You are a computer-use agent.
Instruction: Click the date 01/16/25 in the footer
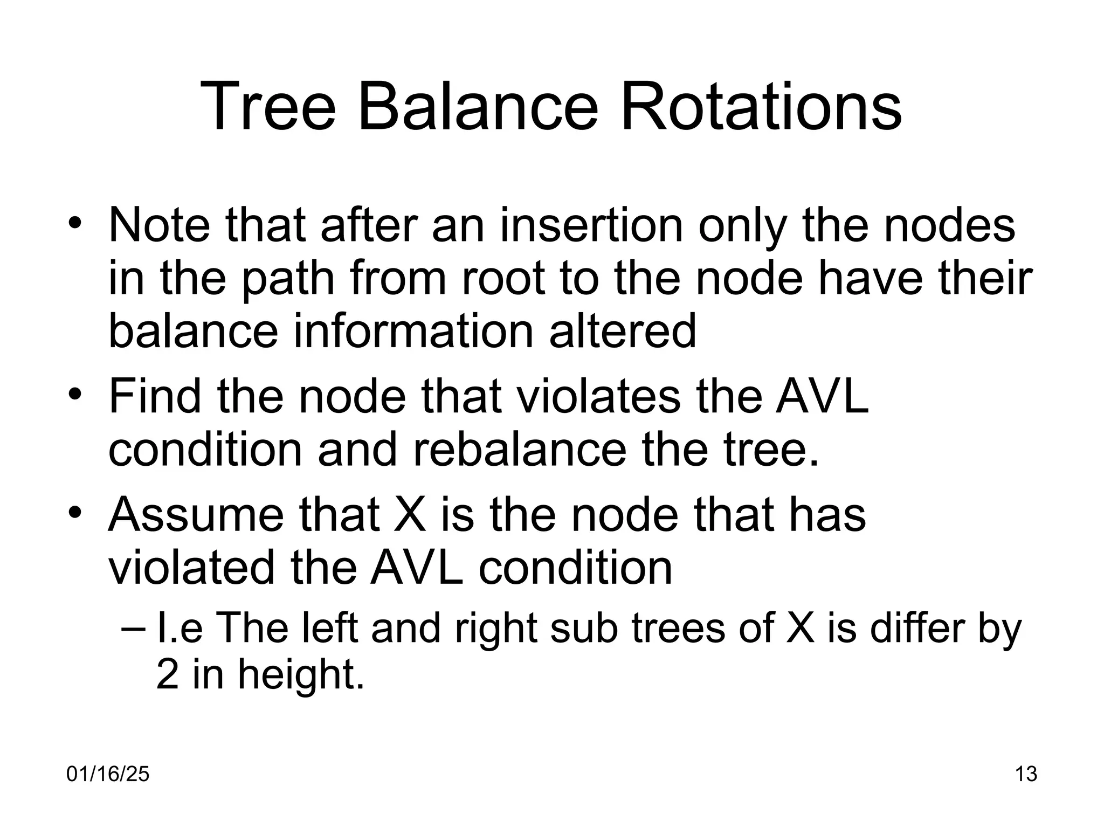click(108, 775)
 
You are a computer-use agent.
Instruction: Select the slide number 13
click(1026, 775)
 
